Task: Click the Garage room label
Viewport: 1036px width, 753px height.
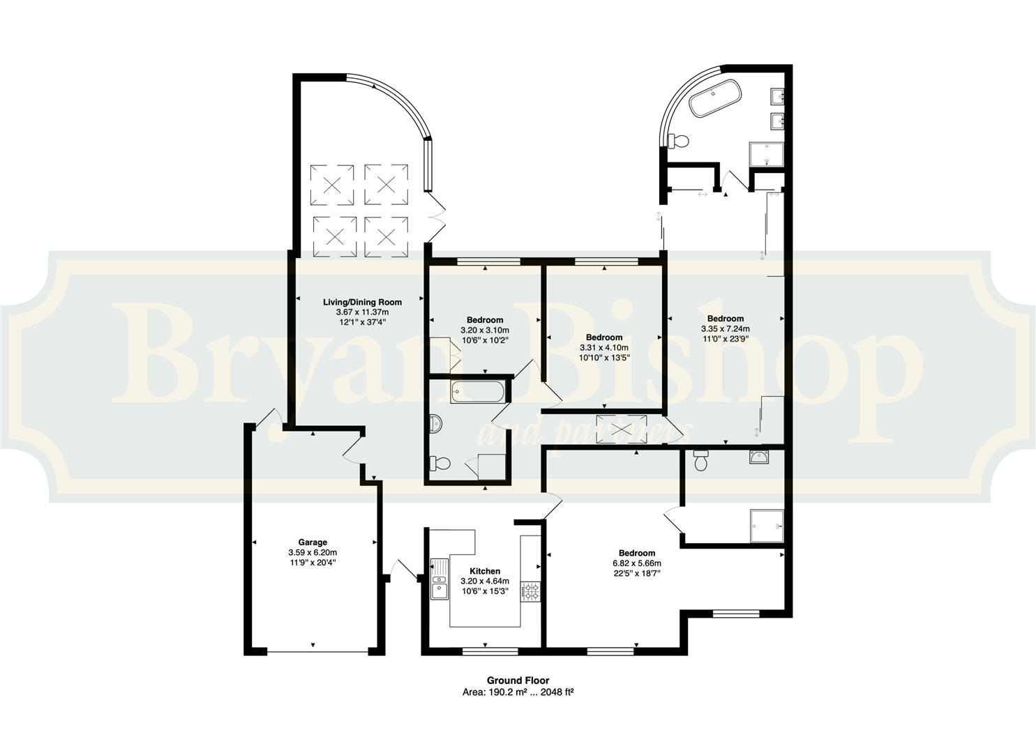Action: point(313,542)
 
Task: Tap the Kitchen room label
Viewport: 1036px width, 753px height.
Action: point(485,571)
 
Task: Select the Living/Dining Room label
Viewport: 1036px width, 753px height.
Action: point(362,303)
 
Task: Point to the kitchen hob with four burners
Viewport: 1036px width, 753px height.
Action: point(531,591)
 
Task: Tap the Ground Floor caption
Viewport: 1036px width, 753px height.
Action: point(518,680)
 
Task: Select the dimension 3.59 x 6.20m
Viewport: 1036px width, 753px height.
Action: point(313,552)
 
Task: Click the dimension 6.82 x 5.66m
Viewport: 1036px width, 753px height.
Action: point(637,563)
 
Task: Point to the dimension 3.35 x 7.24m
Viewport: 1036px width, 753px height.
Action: point(726,328)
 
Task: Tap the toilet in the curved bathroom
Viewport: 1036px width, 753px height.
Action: point(679,141)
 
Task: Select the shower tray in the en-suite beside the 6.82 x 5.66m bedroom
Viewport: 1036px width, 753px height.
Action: point(767,526)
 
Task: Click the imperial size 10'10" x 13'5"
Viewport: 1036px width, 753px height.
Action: point(604,358)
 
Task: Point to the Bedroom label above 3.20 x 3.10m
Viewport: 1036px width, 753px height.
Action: point(485,320)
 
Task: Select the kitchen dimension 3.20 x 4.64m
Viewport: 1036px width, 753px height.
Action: point(485,581)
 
